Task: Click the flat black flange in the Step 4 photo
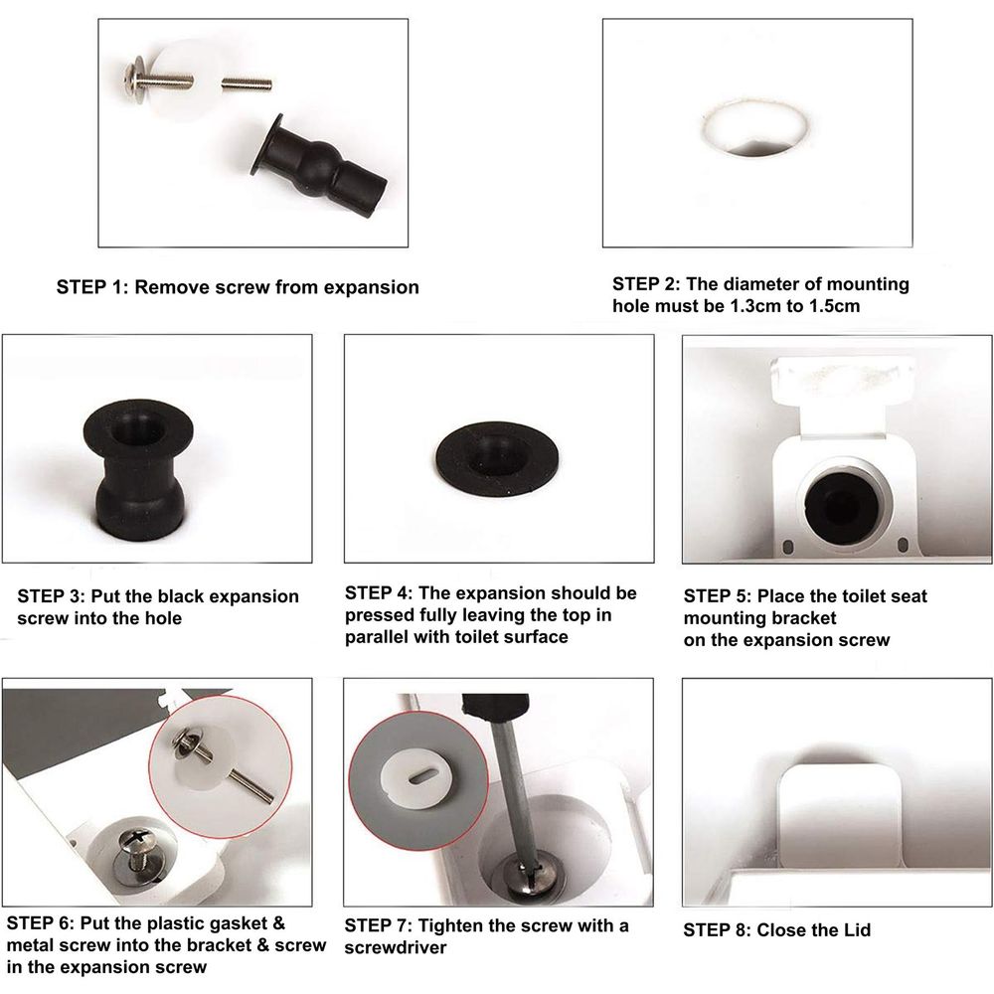[x=496, y=462]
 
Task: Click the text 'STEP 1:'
[x=92, y=287]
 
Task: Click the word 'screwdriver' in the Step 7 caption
[x=396, y=947]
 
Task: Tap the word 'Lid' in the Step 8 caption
[x=856, y=930]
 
